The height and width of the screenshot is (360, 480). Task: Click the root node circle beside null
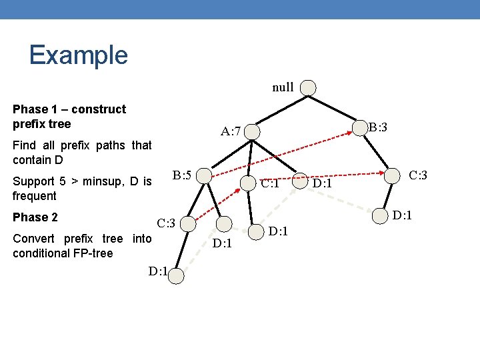pos(308,87)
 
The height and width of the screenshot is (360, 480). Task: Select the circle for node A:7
pos(253,132)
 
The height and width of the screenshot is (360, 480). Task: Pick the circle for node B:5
pos(205,176)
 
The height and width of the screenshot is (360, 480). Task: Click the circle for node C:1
pos(252,182)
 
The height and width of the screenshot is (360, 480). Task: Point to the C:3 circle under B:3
pos(399,176)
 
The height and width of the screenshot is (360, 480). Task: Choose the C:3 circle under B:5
pos(188,223)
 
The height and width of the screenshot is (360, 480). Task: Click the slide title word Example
pos(78,55)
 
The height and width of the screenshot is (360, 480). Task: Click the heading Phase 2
pos(35,217)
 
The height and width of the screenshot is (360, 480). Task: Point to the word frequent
pos(35,196)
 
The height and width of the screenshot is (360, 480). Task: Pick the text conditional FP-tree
pos(63,253)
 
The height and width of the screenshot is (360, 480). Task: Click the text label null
pos(283,87)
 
